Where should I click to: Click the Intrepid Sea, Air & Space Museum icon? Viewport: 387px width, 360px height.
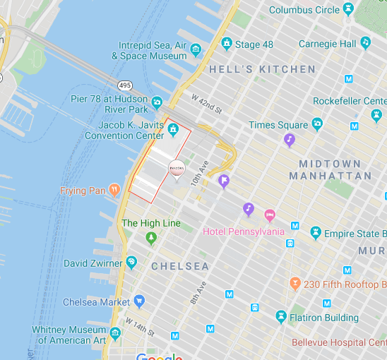[196, 48]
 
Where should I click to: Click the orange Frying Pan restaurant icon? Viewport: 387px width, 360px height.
[115, 191]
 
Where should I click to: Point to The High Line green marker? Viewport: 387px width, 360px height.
[150, 239]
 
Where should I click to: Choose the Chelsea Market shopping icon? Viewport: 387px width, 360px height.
[138, 301]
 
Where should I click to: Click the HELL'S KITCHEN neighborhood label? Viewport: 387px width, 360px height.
[262, 69]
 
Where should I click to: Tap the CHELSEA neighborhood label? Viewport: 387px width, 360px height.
[179, 266]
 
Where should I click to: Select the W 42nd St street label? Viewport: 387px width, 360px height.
[207, 103]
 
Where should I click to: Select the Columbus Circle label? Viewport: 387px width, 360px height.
[304, 10]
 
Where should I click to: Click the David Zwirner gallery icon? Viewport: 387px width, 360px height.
[131, 263]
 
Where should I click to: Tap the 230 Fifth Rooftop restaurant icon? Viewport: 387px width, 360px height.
[294, 284]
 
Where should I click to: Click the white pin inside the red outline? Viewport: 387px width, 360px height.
[177, 169]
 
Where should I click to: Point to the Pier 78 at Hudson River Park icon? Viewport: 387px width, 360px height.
[157, 103]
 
